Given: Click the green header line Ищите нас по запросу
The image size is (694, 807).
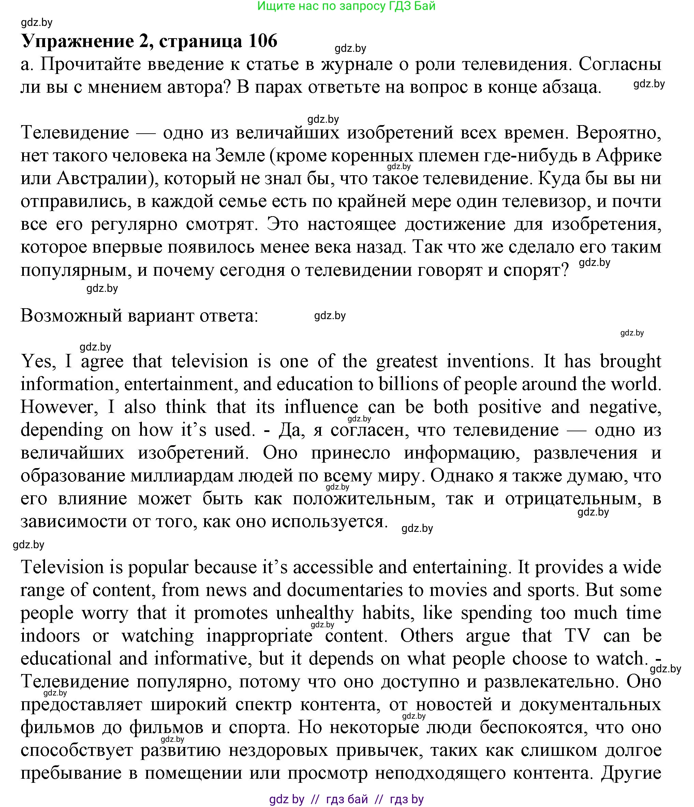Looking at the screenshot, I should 346,6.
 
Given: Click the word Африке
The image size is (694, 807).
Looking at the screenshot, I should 629,156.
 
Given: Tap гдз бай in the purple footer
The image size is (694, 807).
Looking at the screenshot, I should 347,799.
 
